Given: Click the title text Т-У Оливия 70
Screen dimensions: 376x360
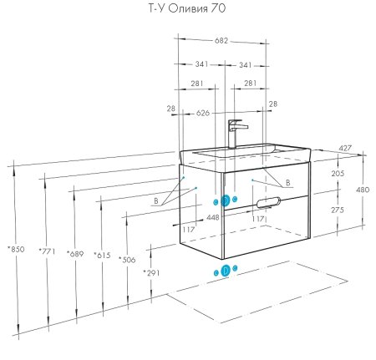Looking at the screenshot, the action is [x=186, y=8].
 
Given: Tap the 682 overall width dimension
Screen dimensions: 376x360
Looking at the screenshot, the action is [x=221, y=41].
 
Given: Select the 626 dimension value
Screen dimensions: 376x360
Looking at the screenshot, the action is [x=203, y=113].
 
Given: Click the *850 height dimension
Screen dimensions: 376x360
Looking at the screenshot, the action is [x=16, y=249].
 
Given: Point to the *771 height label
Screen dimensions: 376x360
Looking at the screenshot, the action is [x=47, y=251].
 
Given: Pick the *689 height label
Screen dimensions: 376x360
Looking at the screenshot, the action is [x=75, y=254].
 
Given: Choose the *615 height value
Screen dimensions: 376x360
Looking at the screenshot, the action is [x=102, y=255].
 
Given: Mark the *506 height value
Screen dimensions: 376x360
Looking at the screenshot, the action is [x=127, y=260].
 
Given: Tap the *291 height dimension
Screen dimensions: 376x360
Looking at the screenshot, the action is [x=151, y=273].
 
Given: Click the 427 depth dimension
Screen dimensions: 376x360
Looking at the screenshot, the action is [x=345, y=149].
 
